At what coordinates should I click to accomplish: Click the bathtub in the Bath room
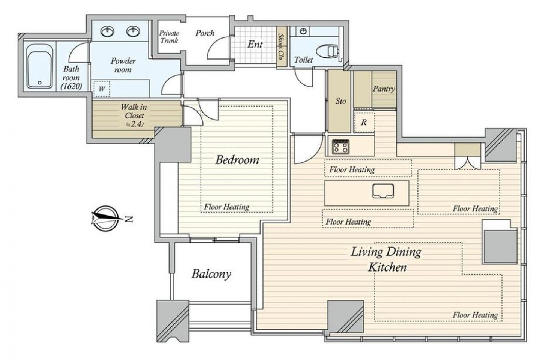tap(39, 66)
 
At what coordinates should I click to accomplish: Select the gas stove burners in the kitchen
tap(340, 147)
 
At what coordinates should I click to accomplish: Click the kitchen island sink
tap(383, 191)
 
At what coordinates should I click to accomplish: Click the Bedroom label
tap(237, 160)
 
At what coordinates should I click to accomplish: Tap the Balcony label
tap(211, 274)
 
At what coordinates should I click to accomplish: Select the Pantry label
tap(384, 89)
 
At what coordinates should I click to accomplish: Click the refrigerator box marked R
tap(364, 122)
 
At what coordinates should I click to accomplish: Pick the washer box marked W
tap(102, 89)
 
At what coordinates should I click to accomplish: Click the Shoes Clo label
tap(281, 46)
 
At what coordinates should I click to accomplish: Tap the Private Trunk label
tap(169, 37)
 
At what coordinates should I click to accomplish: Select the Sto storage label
tap(340, 101)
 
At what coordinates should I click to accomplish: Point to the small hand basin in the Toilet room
tap(303, 31)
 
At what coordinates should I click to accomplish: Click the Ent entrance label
tap(255, 44)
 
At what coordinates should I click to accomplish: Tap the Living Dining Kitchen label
tap(386, 259)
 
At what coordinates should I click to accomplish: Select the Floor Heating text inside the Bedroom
tap(226, 207)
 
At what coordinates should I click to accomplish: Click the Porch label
tap(205, 33)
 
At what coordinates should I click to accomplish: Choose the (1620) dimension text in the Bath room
tap(71, 86)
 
